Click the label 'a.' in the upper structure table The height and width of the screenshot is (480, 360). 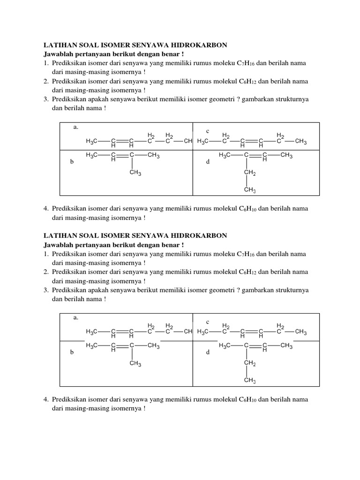tap(75, 127)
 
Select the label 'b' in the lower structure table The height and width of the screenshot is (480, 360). tap(72, 352)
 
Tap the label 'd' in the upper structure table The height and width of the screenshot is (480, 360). tap(208, 162)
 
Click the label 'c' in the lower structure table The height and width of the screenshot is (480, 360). tap(208, 322)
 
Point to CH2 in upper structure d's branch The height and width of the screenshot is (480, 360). tap(249, 174)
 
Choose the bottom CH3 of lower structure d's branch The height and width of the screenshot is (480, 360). tap(249, 381)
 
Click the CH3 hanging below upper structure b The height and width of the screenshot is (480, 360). tap(135, 173)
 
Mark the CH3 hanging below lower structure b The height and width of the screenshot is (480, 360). tap(135, 364)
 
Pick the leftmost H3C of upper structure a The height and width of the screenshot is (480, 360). tap(92, 141)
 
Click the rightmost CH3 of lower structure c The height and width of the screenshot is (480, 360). tap(300, 332)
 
